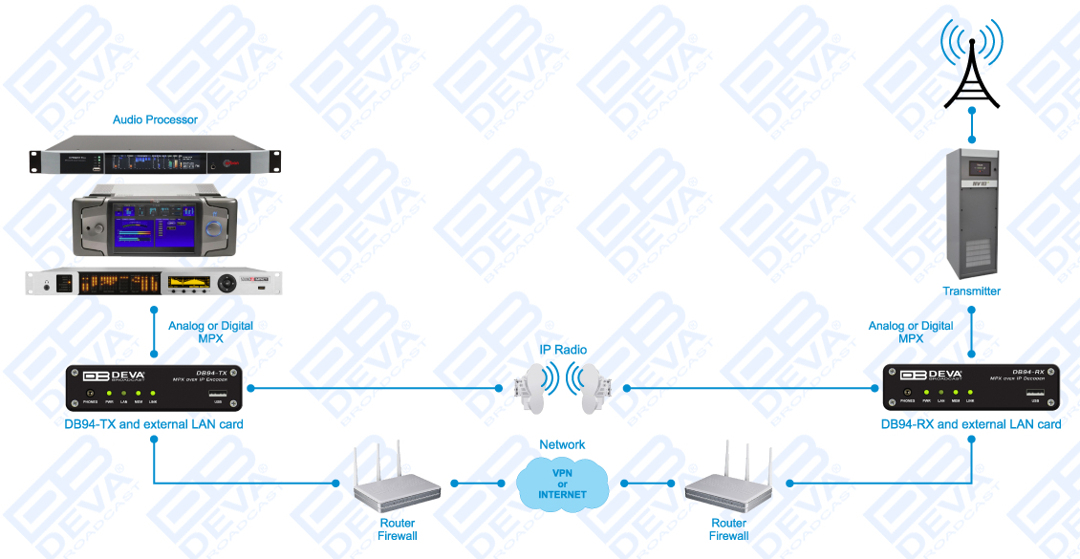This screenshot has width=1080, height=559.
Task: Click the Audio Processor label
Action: tap(155, 119)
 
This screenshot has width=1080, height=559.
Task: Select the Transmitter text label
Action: tap(971, 291)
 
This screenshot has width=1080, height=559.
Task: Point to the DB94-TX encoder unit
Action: tap(153, 389)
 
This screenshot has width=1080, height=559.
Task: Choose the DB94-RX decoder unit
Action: tap(971, 389)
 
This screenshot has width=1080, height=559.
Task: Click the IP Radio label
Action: tap(563, 350)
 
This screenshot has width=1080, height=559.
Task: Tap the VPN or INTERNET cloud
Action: tap(562, 483)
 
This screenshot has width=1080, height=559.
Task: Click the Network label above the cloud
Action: tap(562, 444)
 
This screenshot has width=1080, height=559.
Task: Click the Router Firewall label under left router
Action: tap(397, 529)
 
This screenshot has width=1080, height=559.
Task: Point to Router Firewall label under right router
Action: tap(728, 529)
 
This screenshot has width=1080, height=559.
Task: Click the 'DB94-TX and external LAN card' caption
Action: tap(153, 424)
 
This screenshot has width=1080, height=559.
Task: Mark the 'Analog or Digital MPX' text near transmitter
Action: tap(910, 333)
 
